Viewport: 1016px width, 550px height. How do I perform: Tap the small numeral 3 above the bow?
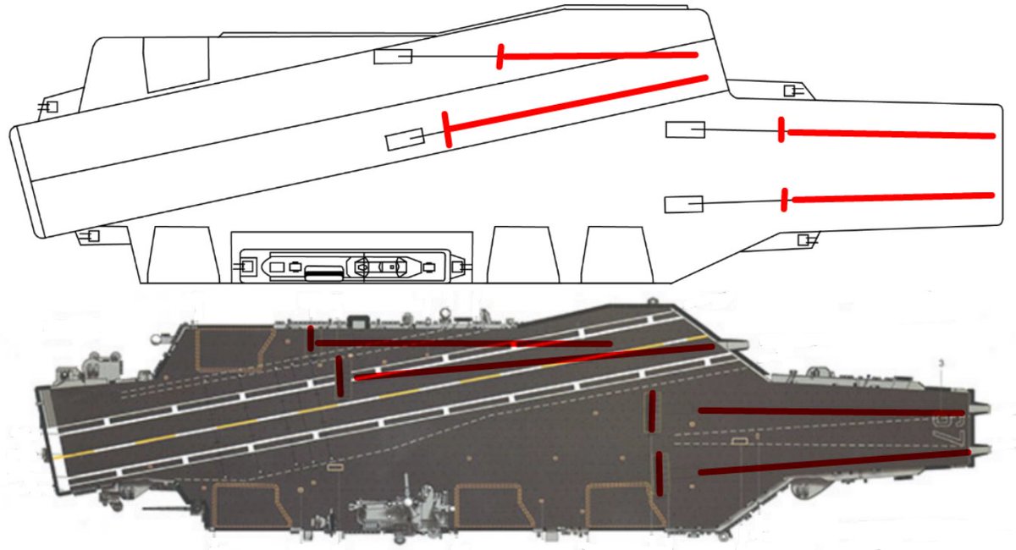942,363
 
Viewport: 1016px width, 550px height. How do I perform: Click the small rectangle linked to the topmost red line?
393,57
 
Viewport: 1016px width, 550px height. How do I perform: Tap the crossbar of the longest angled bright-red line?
447,129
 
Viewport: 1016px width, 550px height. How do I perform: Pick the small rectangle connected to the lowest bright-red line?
684,204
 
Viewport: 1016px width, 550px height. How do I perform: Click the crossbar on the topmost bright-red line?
501,57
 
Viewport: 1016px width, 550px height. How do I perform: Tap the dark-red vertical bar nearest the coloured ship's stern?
312,338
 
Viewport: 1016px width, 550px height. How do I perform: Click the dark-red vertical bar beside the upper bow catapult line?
652,411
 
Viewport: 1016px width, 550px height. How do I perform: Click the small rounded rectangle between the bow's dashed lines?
739,441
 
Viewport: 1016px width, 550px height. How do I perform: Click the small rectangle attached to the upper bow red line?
686,129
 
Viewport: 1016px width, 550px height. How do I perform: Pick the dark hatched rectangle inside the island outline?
325,272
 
